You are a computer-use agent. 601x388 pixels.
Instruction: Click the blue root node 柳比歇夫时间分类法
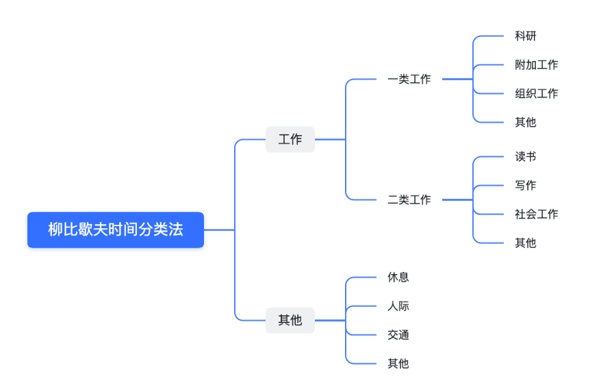pos(116,230)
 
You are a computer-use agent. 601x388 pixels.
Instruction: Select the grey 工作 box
pos(290,139)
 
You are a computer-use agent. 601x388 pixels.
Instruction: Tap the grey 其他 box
pos(290,320)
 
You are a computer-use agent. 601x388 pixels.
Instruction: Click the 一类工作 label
pos(409,79)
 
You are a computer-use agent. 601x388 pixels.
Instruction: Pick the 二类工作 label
pos(409,199)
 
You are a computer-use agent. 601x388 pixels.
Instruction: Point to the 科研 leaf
pos(526,36)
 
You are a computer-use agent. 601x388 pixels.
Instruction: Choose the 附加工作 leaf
pos(536,65)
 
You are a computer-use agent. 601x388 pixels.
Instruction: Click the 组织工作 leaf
pos(536,93)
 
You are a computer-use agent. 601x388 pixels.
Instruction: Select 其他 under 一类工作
pos(526,122)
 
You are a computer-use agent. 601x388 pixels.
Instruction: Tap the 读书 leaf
pos(526,156)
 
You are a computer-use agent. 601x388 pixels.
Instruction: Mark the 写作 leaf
pos(526,185)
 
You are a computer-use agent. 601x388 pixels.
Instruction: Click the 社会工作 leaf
pos(536,214)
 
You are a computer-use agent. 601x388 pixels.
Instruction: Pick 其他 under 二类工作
pos(526,243)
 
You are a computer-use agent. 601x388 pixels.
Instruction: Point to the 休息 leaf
pos(398,277)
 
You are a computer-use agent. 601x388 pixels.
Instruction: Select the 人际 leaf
pos(398,306)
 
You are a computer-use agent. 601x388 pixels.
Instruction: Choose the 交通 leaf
pos(398,335)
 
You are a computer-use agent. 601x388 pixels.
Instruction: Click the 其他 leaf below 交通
pos(398,363)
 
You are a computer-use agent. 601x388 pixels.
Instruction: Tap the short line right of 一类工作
pos(457,79)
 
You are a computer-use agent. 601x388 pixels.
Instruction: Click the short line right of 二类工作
pos(457,199)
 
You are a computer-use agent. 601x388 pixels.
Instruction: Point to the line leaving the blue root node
pos(219,230)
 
